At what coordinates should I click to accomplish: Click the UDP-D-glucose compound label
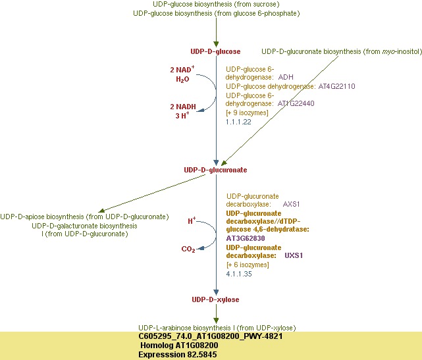pos(215,51)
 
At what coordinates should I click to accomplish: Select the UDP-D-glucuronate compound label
pos(215,170)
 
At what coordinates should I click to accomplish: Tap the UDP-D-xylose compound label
pos(215,299)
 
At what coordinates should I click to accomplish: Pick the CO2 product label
pos(188,249)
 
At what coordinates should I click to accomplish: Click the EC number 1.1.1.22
pos(238,122)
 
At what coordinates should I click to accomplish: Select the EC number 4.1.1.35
pos(238,273)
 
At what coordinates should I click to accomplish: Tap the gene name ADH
pos(286,77)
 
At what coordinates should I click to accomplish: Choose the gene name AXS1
pos(292,205)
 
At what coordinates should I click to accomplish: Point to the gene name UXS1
pos(294,255)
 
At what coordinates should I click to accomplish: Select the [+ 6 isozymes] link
pos(248,265)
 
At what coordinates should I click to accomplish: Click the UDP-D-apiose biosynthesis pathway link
pos(84,217)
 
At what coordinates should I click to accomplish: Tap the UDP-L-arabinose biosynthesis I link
pos(217,328)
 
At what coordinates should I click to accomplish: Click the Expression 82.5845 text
pos(177,355)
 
